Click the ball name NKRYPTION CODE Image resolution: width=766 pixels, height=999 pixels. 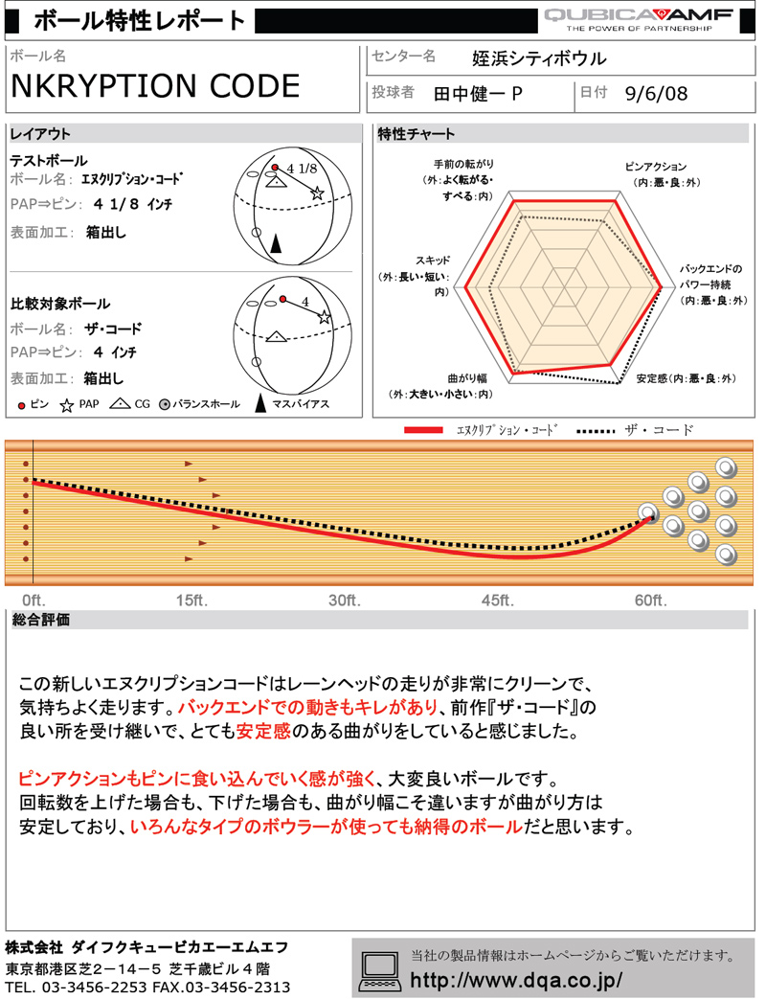click(155, 86)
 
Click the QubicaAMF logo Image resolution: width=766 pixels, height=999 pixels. click(639, 19)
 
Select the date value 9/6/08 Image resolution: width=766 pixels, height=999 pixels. click(656, 94)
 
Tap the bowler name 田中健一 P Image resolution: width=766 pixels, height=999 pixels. click(478, 94)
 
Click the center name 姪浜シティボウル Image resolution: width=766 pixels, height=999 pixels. click(539, 58)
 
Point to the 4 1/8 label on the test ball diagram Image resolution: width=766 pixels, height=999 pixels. click(302, 169)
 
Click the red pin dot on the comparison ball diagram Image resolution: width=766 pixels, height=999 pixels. click(282, 299)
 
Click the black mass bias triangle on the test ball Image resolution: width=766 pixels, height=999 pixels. click(276, 243)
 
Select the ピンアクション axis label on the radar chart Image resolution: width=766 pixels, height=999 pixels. click(655, 167)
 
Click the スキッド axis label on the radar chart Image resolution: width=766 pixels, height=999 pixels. click(433, 260)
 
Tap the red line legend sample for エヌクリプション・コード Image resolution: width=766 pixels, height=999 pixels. click(423, 430)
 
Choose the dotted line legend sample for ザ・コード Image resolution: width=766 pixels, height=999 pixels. click(596, 431)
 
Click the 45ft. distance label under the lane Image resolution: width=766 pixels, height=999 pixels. click(497, 601)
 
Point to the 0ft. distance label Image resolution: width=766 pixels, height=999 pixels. click(34, 601)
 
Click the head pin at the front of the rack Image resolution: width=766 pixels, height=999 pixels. click(648, 512)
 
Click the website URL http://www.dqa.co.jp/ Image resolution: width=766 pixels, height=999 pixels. click(516, 980)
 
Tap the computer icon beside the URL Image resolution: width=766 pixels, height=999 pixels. click(379, 971)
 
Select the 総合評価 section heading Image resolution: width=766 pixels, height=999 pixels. click(41, 620)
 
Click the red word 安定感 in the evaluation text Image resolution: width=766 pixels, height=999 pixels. click(263, 731)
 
